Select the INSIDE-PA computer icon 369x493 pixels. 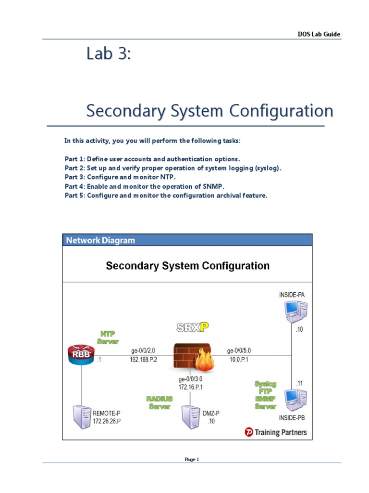(295, 311)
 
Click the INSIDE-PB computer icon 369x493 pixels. (295, 399)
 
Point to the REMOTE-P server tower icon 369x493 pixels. (80, 417)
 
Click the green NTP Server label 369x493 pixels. (108, 337)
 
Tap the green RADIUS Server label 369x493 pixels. (160, 402)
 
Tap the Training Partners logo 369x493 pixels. (275, 432)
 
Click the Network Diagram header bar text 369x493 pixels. (100, 240)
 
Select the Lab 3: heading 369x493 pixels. (108, 54)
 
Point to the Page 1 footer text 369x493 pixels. (192, 459)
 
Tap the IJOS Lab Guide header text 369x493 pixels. (320, 34)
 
